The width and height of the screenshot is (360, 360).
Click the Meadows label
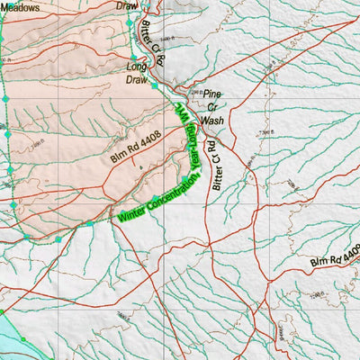[x=20, y=6]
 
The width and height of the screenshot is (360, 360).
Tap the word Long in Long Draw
[x=137, y=67]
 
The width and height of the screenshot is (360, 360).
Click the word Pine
[x=211, y=94]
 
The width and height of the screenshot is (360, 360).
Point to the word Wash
[x=212, y=119]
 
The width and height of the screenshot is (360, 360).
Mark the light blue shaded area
[x=13, y=337]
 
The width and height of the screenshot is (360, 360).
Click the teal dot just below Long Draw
[x=155, y=86]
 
